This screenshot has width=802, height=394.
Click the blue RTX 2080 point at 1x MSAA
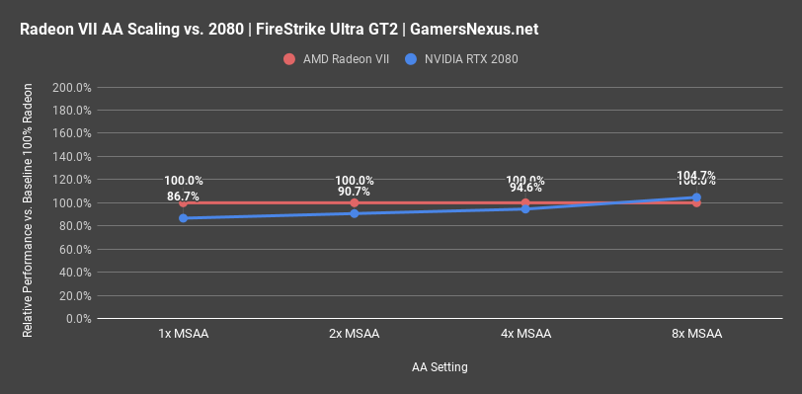click(x=184, y=218)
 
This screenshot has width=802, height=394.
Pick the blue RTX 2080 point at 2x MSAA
click(x=355, y=213)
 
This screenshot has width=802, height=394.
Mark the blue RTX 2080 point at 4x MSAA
click(x=525, y=208)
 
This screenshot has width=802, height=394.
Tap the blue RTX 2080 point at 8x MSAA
click(x=696, y=197)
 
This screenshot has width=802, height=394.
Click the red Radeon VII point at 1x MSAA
click(x=184, y=202)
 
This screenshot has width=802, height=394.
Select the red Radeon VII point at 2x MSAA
click(x=355, y=202)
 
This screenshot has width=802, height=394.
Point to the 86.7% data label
click(x=184, y=197)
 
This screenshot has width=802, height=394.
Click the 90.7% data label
click(x=355, y=192)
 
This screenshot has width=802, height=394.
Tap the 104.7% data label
click(x=696, y=176)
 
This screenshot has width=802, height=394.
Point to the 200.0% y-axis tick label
click(x=71, y=87)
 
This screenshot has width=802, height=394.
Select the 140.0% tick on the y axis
click(x=71, y=156)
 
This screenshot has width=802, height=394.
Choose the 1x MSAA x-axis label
click(x=184, y=335)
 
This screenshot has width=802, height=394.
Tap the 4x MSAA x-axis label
click(x=525, y=335)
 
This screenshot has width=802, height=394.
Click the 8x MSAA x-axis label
click(x=696, y=335)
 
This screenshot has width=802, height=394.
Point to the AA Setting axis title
click(x=440, y=367)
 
